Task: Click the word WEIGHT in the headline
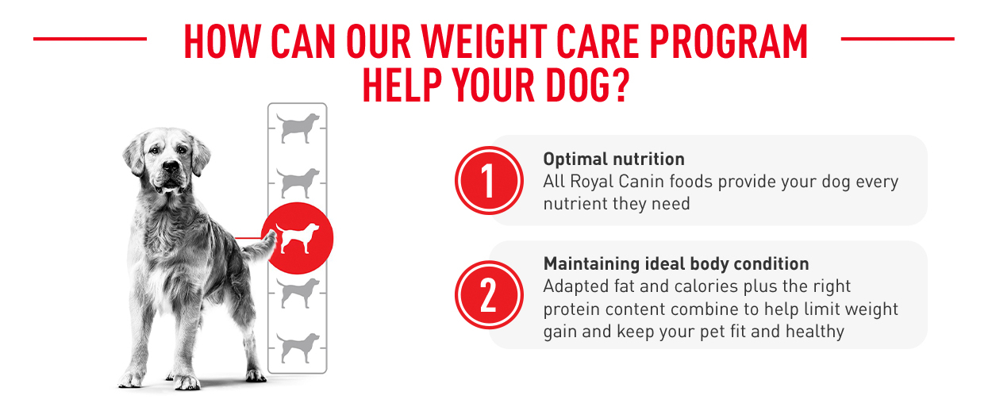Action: pyautogui.click(x=484, y=41)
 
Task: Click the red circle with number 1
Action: pyautogui.click(x=489, y=181)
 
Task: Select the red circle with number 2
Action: pyautogui.click(x=489, y=295)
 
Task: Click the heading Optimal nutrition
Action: pyautogui.click(x=613, y=159)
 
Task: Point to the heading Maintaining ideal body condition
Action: pyautogui.click(x=676, y=264)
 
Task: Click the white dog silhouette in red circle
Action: pyautogui.click(x=297, y=238)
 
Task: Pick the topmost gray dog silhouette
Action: pyautogui.click(x=298, y=128)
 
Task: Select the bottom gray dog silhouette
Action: pyautogui.click(x=298, y=348)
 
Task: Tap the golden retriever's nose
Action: pyautogui.click(x=171, y=166)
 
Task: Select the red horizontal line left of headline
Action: pyautogui.click(x=90, y=39)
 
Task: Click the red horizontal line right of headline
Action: pyautogui.click(x=898, y=39)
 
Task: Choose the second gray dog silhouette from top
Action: pyautogui.click(x=298, y=183)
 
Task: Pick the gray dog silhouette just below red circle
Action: pyautogui.click(x=298, y=294)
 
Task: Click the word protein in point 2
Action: pyautogui.click(x=571, y=310)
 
